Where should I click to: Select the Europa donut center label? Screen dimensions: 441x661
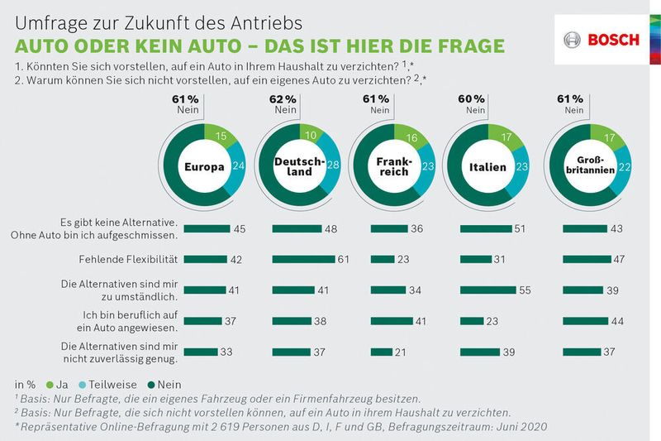coord(206,166)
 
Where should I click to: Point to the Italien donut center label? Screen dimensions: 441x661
coord(487,166)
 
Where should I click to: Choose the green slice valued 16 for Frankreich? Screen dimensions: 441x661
coord(411,137)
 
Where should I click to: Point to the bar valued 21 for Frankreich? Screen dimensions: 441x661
coord(383,352)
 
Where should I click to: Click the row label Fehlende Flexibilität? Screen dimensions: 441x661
coord(128,259)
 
